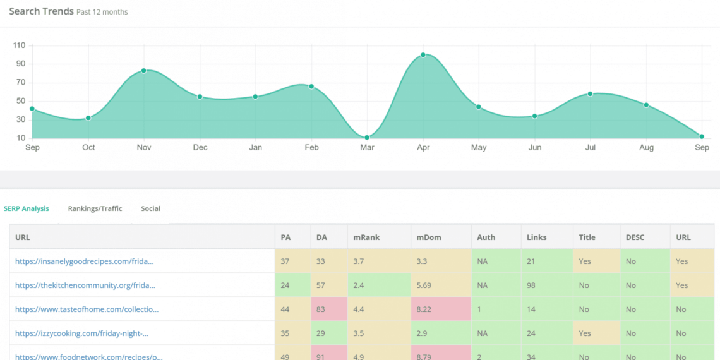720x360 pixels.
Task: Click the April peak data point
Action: coord(423,55)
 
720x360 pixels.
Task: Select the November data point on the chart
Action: coord(144,71)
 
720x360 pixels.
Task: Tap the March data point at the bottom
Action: coord(367,137)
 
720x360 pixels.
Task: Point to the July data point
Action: coord(590,94)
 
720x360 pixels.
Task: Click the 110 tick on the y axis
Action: coord(18,45)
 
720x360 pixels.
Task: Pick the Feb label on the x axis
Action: coord(311,148)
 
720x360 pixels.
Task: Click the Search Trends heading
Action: coord(41,11)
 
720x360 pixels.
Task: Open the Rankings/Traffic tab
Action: coord(95,208)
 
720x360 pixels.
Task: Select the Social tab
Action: coord(150,208)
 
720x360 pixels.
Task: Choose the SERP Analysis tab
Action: coord(27,208)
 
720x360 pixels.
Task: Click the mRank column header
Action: coord(366,237)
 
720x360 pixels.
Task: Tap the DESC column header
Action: coord(635,237)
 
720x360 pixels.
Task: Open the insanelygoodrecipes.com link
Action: coord(85,261)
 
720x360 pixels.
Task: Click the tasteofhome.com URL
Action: coord(87,309)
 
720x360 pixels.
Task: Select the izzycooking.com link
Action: coord(82,333)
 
